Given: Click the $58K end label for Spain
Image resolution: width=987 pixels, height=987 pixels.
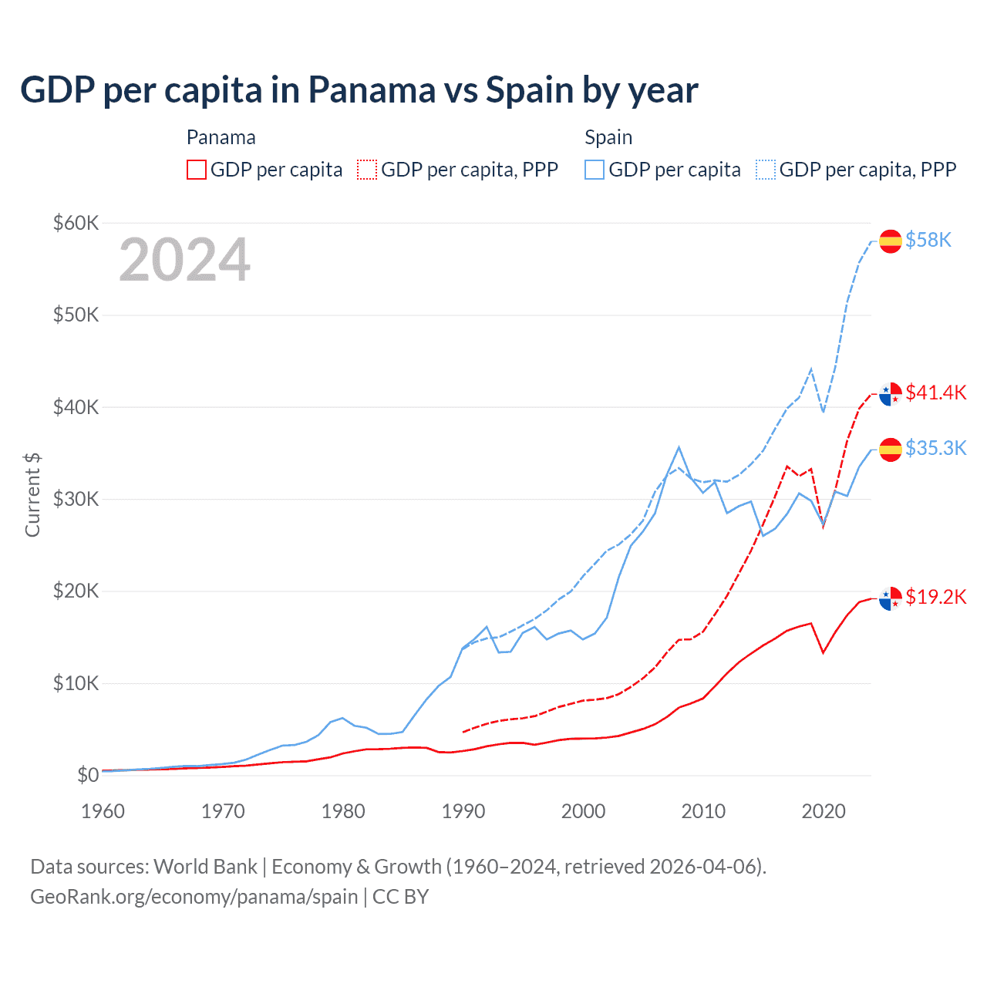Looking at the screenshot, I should [x=928, y=241].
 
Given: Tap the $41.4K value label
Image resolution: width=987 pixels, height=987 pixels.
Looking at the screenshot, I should [x=935, y=392].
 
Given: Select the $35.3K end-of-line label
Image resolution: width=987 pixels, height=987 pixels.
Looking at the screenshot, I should [x=935, y=448].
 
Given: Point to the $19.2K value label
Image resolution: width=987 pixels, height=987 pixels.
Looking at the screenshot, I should [x=935, y=597].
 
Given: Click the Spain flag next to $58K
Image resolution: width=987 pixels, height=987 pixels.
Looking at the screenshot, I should [x=891, y=241].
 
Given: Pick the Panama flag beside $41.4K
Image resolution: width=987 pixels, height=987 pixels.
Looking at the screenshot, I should [x=891, y=393].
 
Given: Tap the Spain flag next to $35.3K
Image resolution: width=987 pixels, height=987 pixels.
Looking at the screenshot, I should [x=891, y=449].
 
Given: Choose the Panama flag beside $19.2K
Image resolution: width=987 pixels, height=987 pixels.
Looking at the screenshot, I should [x=891, y=598].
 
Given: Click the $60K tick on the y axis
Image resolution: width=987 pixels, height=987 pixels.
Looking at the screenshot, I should [x=76, y=224].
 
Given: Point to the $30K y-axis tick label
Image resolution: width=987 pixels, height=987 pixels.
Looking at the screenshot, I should [x=76, y=499].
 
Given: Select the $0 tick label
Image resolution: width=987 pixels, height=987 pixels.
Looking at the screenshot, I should [x=88, y=775].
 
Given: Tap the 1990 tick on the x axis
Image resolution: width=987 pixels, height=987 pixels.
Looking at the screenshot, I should [x=463, y=811].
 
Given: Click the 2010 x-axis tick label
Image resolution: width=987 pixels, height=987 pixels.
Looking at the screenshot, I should [x=703, y=811].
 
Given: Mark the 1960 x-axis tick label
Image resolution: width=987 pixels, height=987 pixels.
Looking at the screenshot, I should [x=103, y=811].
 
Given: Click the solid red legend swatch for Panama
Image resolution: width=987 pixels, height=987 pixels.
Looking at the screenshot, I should [x=197, y=170].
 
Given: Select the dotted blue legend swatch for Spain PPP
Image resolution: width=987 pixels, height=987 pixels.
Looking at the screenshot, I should [x=766, y=170].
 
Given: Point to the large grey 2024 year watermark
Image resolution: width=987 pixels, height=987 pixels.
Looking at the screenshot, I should [x=185, y=261].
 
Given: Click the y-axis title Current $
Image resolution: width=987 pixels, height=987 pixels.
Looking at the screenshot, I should [x=32, y=495].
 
